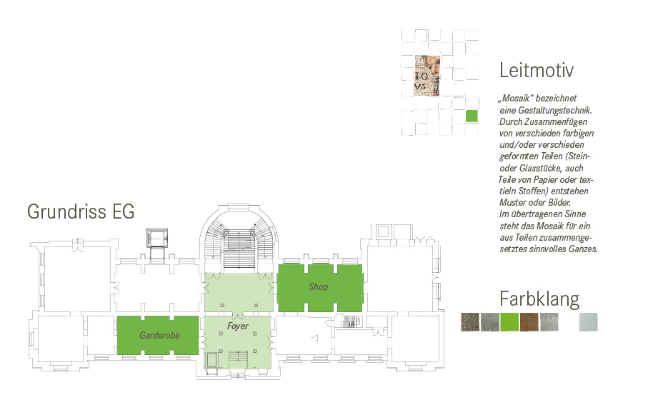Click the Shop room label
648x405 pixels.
318,287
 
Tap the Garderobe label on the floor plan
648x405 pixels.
159,335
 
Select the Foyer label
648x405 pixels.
238,326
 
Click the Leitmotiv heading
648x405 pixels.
537,70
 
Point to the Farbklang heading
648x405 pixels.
539,299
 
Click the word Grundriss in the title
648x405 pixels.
66,211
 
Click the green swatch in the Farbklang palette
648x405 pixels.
509,322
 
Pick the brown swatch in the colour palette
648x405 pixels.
529,322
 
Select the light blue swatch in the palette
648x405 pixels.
589,322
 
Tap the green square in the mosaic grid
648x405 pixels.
472,116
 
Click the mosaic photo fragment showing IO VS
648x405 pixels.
427,76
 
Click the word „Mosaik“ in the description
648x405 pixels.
515,99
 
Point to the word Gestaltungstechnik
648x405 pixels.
555,110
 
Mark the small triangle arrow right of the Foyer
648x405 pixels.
314,339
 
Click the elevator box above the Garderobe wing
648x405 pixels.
157,239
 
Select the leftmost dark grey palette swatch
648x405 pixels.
470,322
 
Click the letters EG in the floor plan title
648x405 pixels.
123,211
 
